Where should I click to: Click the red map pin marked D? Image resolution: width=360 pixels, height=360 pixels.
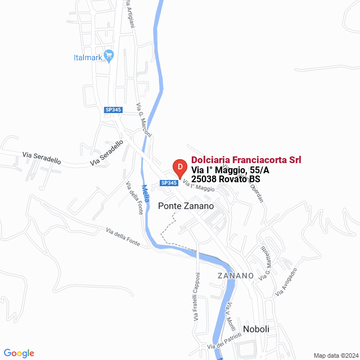coord(179,168)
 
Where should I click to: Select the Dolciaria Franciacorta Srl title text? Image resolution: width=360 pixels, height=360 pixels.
coord(246,160)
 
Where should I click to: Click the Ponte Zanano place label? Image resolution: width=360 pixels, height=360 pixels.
coord(186,206)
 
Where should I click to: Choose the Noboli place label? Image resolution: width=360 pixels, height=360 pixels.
coord(256,329)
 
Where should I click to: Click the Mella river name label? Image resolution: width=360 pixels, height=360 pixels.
coord(146,194)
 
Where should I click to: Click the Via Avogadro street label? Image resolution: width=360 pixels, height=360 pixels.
coord(286,282)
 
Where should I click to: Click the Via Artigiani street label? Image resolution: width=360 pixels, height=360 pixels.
coord(130,16)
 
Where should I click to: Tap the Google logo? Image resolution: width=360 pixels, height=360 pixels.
coord(19,353)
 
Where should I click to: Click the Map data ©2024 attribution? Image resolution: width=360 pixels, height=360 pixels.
coord(335,355)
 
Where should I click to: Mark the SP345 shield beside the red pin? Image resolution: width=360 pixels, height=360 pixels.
coord(169,182)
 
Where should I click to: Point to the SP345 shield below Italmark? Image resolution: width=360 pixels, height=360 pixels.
coord(113,110)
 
